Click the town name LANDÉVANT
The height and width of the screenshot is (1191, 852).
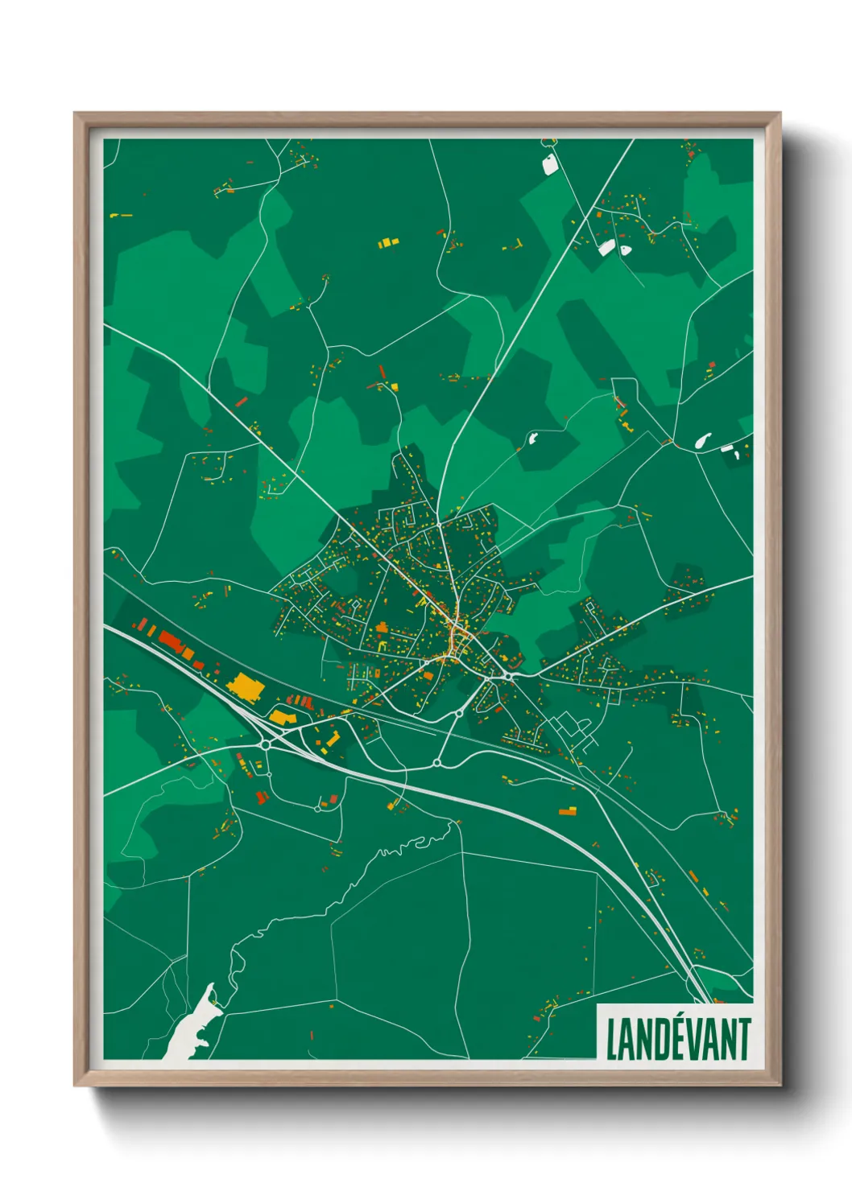677,1039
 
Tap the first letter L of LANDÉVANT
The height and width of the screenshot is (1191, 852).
610,1039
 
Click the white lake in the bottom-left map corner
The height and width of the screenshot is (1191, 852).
190,1030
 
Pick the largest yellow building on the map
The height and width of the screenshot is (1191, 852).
246,686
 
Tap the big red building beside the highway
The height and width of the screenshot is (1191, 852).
172,642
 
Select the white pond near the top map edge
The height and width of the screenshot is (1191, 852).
551,166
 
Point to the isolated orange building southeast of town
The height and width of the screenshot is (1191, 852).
568,811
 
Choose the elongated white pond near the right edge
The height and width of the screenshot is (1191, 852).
702,441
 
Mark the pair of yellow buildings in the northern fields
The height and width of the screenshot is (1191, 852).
388,241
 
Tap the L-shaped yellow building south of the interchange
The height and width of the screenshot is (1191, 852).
332,738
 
